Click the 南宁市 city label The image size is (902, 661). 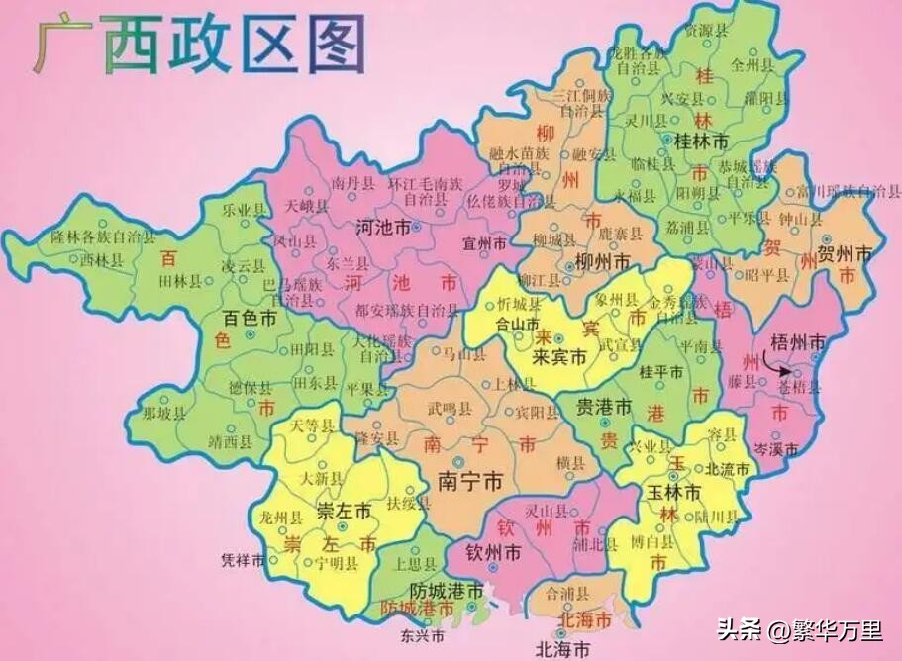(x=469, y=482)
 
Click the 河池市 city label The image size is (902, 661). (x=382, y=227)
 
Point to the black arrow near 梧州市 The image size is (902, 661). (x=786, y=371)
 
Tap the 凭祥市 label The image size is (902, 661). (x=243, y=560)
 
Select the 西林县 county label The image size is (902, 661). (x=100, y=261)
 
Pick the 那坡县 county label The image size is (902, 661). (x=163, y=414)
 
